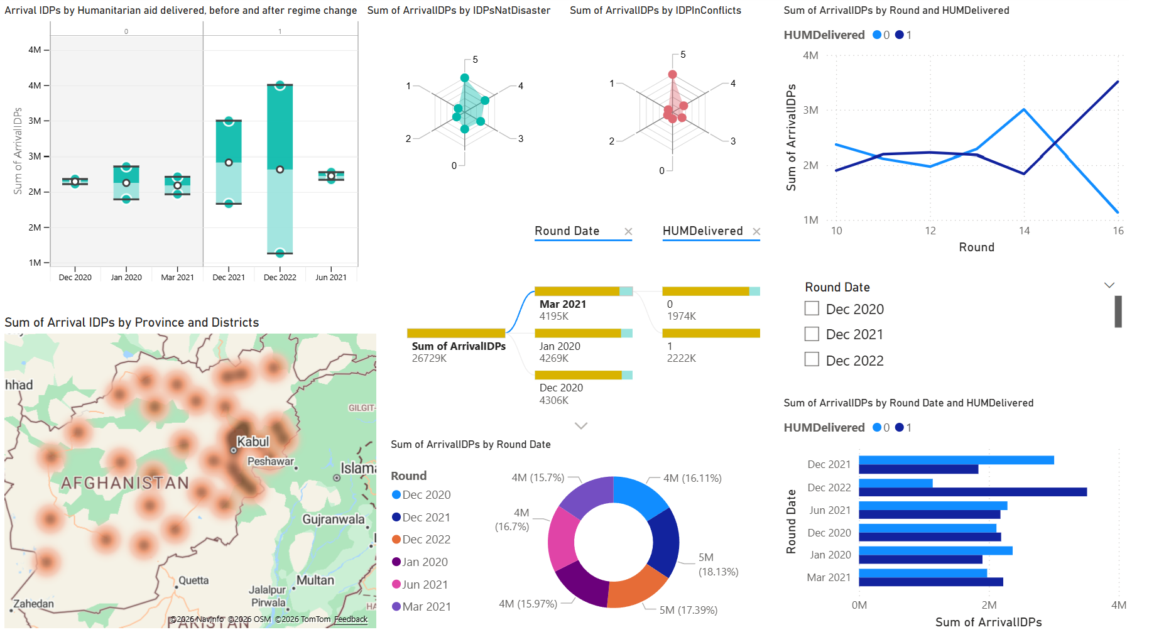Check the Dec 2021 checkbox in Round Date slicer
click(x=812, y=334)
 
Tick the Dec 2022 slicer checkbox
click(x=812, y=359)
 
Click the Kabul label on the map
click(x=253, y=442)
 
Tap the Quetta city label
click(x=193, y=580)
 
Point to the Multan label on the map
click(x=315, y=580)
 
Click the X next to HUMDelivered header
click(x=756, y=231)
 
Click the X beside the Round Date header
click(x=628, y=231)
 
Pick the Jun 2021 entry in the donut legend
click(x=425, y=584)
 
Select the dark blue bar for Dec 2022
click(x=972, y=492)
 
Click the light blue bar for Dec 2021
click(x=956, y=460)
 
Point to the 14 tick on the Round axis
click(x=1024, y=231)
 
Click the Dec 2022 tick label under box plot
click(x=280, y=277)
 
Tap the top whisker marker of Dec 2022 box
click(x=280, y=85)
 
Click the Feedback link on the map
click(x=351, y=619)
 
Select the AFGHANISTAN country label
click(x=124, y=482)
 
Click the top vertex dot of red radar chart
click(x=672, y=74)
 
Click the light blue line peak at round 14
click(x=1024, y=110)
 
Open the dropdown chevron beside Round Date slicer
click(x=1109, y=285)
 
